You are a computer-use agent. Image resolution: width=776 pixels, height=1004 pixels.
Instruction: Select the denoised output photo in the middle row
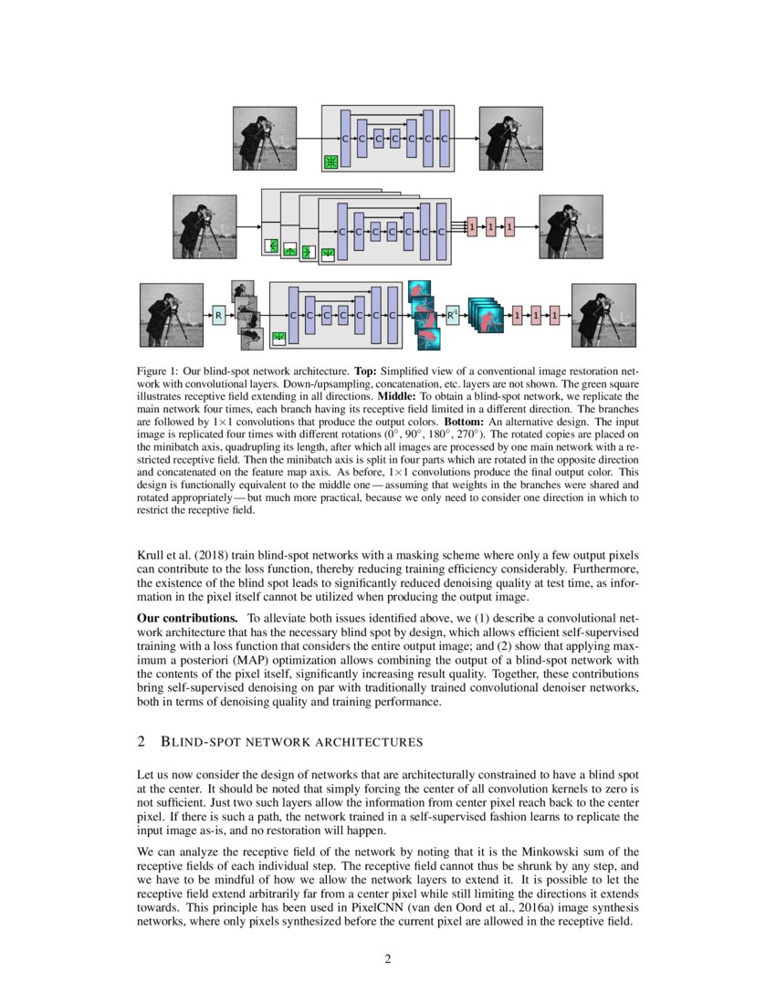(571, 226)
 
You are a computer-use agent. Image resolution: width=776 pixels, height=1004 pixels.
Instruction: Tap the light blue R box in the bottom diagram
(218, 316)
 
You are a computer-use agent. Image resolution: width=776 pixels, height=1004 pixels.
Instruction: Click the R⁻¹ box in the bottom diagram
(452, 316)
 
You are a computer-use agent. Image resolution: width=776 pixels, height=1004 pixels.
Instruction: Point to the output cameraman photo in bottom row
(603, 315)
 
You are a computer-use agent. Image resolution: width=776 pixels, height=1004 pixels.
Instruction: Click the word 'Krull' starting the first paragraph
(151, 556)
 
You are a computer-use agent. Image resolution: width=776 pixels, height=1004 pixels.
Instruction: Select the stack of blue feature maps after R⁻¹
(486, 316)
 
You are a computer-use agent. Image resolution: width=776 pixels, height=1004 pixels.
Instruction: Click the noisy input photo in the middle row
(204, 226)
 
